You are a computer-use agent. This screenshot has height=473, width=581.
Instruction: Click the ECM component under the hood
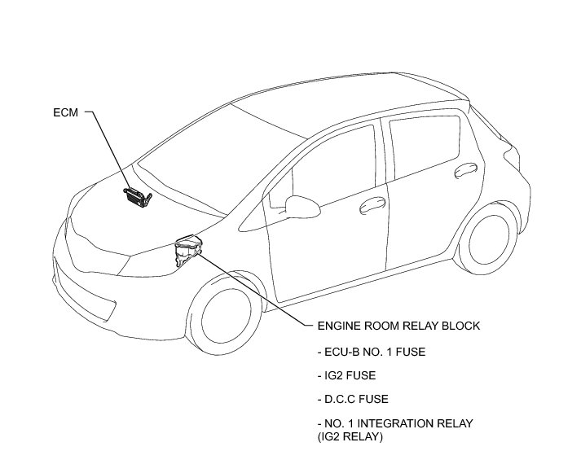coord(137,195)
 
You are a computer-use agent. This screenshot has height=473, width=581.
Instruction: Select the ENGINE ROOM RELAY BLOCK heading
coord(397,326)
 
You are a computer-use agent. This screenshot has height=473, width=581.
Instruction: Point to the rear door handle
coord(465,169)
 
